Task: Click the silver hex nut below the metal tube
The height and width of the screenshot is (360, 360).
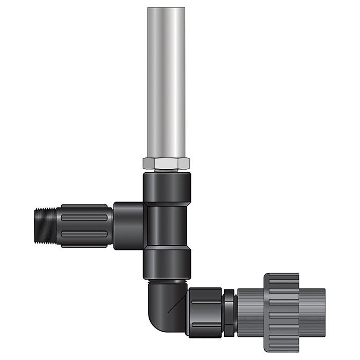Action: coord(167,164)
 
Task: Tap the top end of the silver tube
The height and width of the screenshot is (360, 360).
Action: coord(167,10)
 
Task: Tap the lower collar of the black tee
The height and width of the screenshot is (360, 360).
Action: coord(167,263)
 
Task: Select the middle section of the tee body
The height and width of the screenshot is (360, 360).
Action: coord(167,225)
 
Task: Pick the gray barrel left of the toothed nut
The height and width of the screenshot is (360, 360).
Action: coord(249,312)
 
